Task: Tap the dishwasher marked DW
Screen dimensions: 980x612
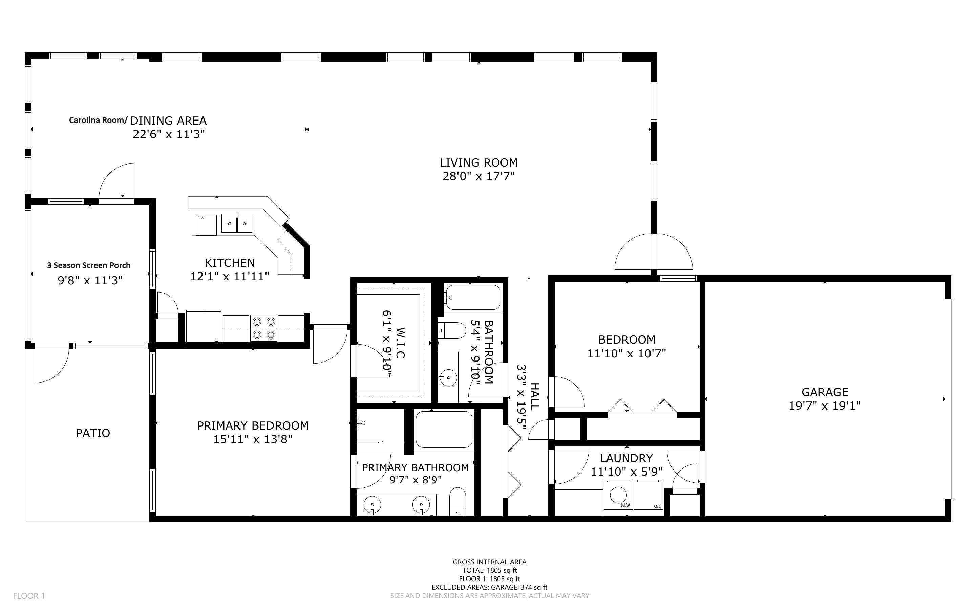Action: pyautogui.click(x=207, y=225)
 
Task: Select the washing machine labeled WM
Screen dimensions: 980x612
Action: pyautogui.click(x=618, y=495)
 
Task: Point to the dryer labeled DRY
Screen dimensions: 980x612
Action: pyautogui.click(x=648, y=495)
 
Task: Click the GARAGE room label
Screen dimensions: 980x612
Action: pyautogui.click(x=825, y=392)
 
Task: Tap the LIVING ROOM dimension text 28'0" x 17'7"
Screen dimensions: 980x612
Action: pyautogui.click(x=478, y=176)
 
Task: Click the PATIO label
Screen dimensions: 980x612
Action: pyautogui.click(x=93, y=433)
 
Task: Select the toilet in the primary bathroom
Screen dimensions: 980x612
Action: pyautogui.click(x=458, y=502)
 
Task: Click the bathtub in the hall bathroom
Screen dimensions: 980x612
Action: pyautogui.click(x=473, y=298)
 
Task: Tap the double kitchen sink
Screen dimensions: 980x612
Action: pyautogui.click(x=237, y=223)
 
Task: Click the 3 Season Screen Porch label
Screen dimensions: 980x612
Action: pyautogui.click(x=89, y=265)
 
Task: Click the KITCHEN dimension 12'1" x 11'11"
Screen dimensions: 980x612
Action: pyautogui.click(x=230, y=277)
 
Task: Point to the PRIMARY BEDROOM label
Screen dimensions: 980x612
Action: pyautogui.click(x=253, y=425)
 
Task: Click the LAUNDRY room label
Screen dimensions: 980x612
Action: pyautogui.click(x=626, y=458)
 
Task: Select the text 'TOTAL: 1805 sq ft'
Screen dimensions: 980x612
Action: pyautogui.click(x=490, y=570)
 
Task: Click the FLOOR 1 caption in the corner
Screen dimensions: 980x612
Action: pyautogui.click(x=29, y=596)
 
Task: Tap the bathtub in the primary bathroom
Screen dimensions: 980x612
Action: pyautogui.click(x=444, y=430)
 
